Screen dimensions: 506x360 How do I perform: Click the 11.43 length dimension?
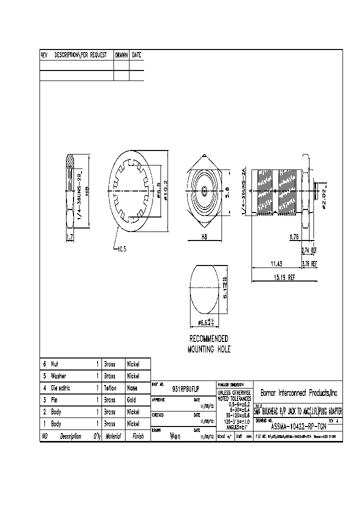click(x=276, y=263)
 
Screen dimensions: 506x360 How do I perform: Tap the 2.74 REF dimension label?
click(x=309, y=250)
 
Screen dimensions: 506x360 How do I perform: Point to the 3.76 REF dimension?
click(x=309, y=263)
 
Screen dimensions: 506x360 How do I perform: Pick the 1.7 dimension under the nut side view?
click(x=71, y=237)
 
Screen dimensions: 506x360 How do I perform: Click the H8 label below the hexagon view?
click(x=204, y=237)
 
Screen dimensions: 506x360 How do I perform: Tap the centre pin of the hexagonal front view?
click(x=204, y=190)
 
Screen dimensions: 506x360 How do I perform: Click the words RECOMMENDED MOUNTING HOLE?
click(x=209, y=344)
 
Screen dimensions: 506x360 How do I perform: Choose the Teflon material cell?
click(x=110, y=388)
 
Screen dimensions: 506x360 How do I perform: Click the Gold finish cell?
click(x=132, y=400)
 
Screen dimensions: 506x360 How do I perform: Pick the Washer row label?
click(x=59, y=376)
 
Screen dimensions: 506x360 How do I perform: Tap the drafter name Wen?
click(x=175, y=436)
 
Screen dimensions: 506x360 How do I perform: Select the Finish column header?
click(x=137, y=436)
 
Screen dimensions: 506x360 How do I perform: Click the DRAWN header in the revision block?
click(x=121, y=55)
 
